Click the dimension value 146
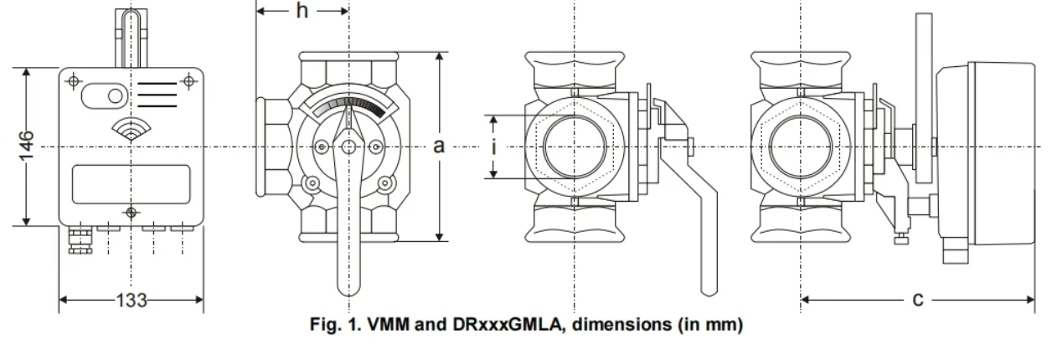[x=28, y=146]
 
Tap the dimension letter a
[x=438, y=146]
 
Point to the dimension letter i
[x=495, y=147]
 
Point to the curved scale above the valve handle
[x=348, y=106]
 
